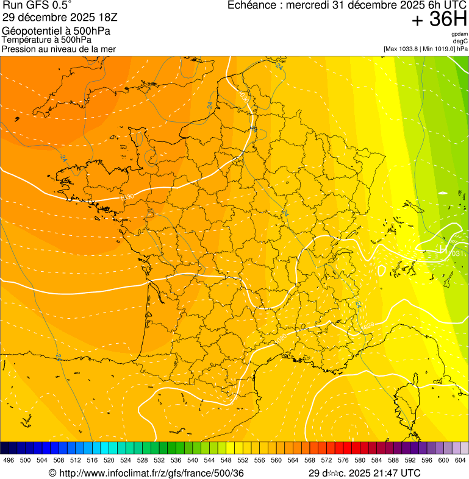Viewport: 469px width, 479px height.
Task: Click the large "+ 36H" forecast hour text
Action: click(439, 20)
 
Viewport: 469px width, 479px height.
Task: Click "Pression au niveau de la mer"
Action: click(59, 49)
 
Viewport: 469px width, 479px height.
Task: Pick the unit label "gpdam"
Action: click(459, 34)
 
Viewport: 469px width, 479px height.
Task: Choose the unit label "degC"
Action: click(460, 41)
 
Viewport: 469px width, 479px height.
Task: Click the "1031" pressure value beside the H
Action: click(457, 254)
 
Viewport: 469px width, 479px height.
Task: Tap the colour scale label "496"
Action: click(9, 460)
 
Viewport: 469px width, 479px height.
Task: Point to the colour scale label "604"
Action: click(460, 460)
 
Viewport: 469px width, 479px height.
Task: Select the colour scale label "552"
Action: click(243, 460)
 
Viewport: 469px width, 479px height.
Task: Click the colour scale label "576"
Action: click(343, 460)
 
